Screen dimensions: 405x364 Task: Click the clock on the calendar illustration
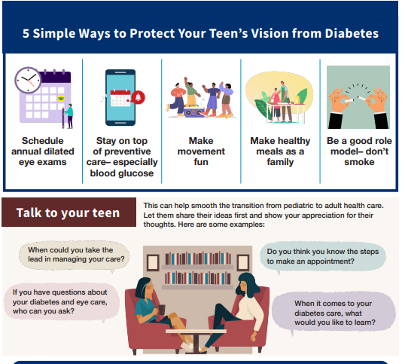point(28,80)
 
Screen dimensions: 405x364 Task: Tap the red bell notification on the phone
point(139,97)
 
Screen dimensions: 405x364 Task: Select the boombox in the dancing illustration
point(193,112)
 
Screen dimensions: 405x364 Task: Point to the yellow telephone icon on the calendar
point(61,98)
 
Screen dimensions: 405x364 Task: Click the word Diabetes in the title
point(352,33)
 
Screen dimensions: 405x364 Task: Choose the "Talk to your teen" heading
point(69,213)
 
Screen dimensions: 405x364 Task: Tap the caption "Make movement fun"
point(201,151)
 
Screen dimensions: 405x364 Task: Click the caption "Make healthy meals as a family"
point(280,151)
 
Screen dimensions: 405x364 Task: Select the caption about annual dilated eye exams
point(43,151)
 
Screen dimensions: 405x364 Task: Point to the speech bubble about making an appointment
point(323,256)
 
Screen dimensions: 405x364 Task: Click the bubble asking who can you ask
point(62,302)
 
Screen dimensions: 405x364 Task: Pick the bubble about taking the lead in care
point(75,255)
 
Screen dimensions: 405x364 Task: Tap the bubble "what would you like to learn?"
point(333,313)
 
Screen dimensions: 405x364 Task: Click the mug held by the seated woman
point(161,310)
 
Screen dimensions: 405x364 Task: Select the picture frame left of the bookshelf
point(153,262)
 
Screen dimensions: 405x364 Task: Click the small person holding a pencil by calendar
point(69,116)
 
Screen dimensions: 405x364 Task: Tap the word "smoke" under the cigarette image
point(359,162)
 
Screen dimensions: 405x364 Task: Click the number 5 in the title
point(26,34)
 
